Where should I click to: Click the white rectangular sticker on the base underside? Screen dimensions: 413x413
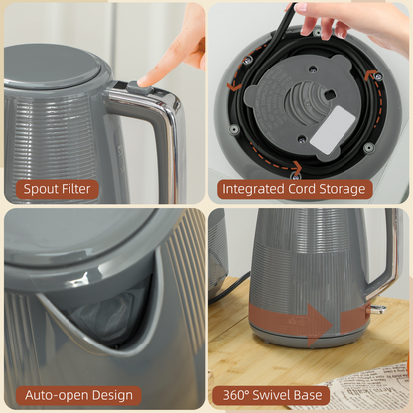[325, 130]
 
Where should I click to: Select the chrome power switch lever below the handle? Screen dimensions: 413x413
[376, 309]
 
